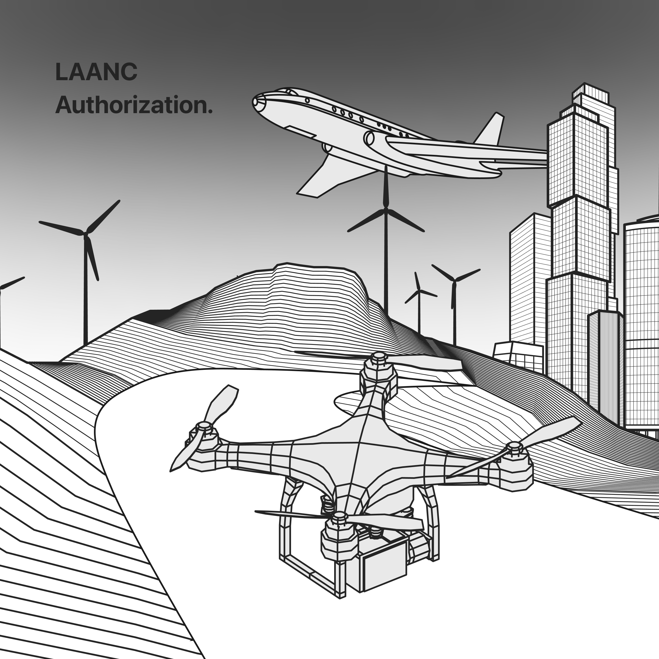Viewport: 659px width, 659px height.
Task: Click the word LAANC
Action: pyautogui.click(x=96, y=72)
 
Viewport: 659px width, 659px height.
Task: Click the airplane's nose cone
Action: pyautogui.click(x=258, y=102)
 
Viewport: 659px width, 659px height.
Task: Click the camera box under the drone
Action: pyautogui.click(x=384, y=562)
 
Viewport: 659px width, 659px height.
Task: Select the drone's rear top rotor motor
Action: pyautogui.click(x=379, y=372)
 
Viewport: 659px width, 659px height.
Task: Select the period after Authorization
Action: pyautogui.click(x=210, y=111)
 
